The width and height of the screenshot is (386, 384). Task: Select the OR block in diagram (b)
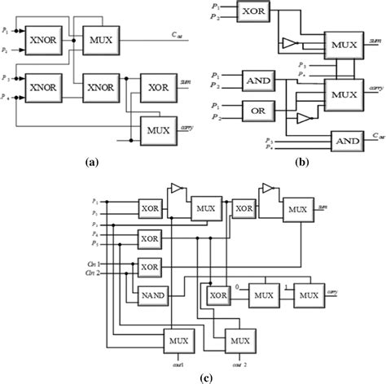(259, 111)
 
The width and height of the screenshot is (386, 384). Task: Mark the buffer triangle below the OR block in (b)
(303, 119)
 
